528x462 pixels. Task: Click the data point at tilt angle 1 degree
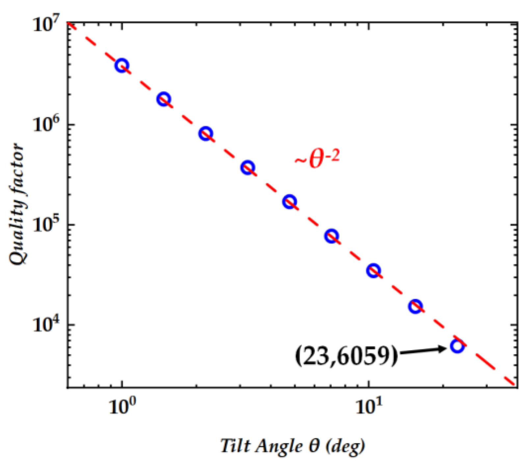tap(122, 65)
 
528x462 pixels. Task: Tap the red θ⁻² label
tap(317, 160)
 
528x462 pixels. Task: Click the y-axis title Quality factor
tap(16, 204)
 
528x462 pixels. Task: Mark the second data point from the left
tap(164, 99)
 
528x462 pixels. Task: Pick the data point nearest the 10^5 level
tap(331, 236)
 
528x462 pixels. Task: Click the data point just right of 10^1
tap(374, 270)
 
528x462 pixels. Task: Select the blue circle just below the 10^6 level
tap(205, 133)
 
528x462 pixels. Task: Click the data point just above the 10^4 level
tap(415, 306)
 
